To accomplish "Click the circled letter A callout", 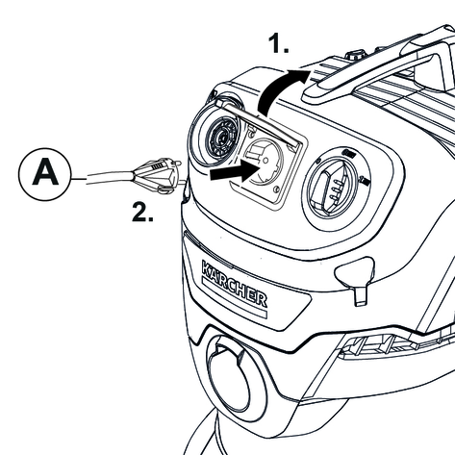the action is coord(44,174).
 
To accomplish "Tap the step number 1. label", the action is coord(278,43).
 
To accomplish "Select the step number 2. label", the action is coord(142,212).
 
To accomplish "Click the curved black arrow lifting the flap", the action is coord(278,88).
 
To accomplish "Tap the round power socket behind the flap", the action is coord(265,162).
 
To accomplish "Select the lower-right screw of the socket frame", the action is coord(276,190).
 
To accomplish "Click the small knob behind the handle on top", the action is coord(354,55).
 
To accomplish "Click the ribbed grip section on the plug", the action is coord(157,167).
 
